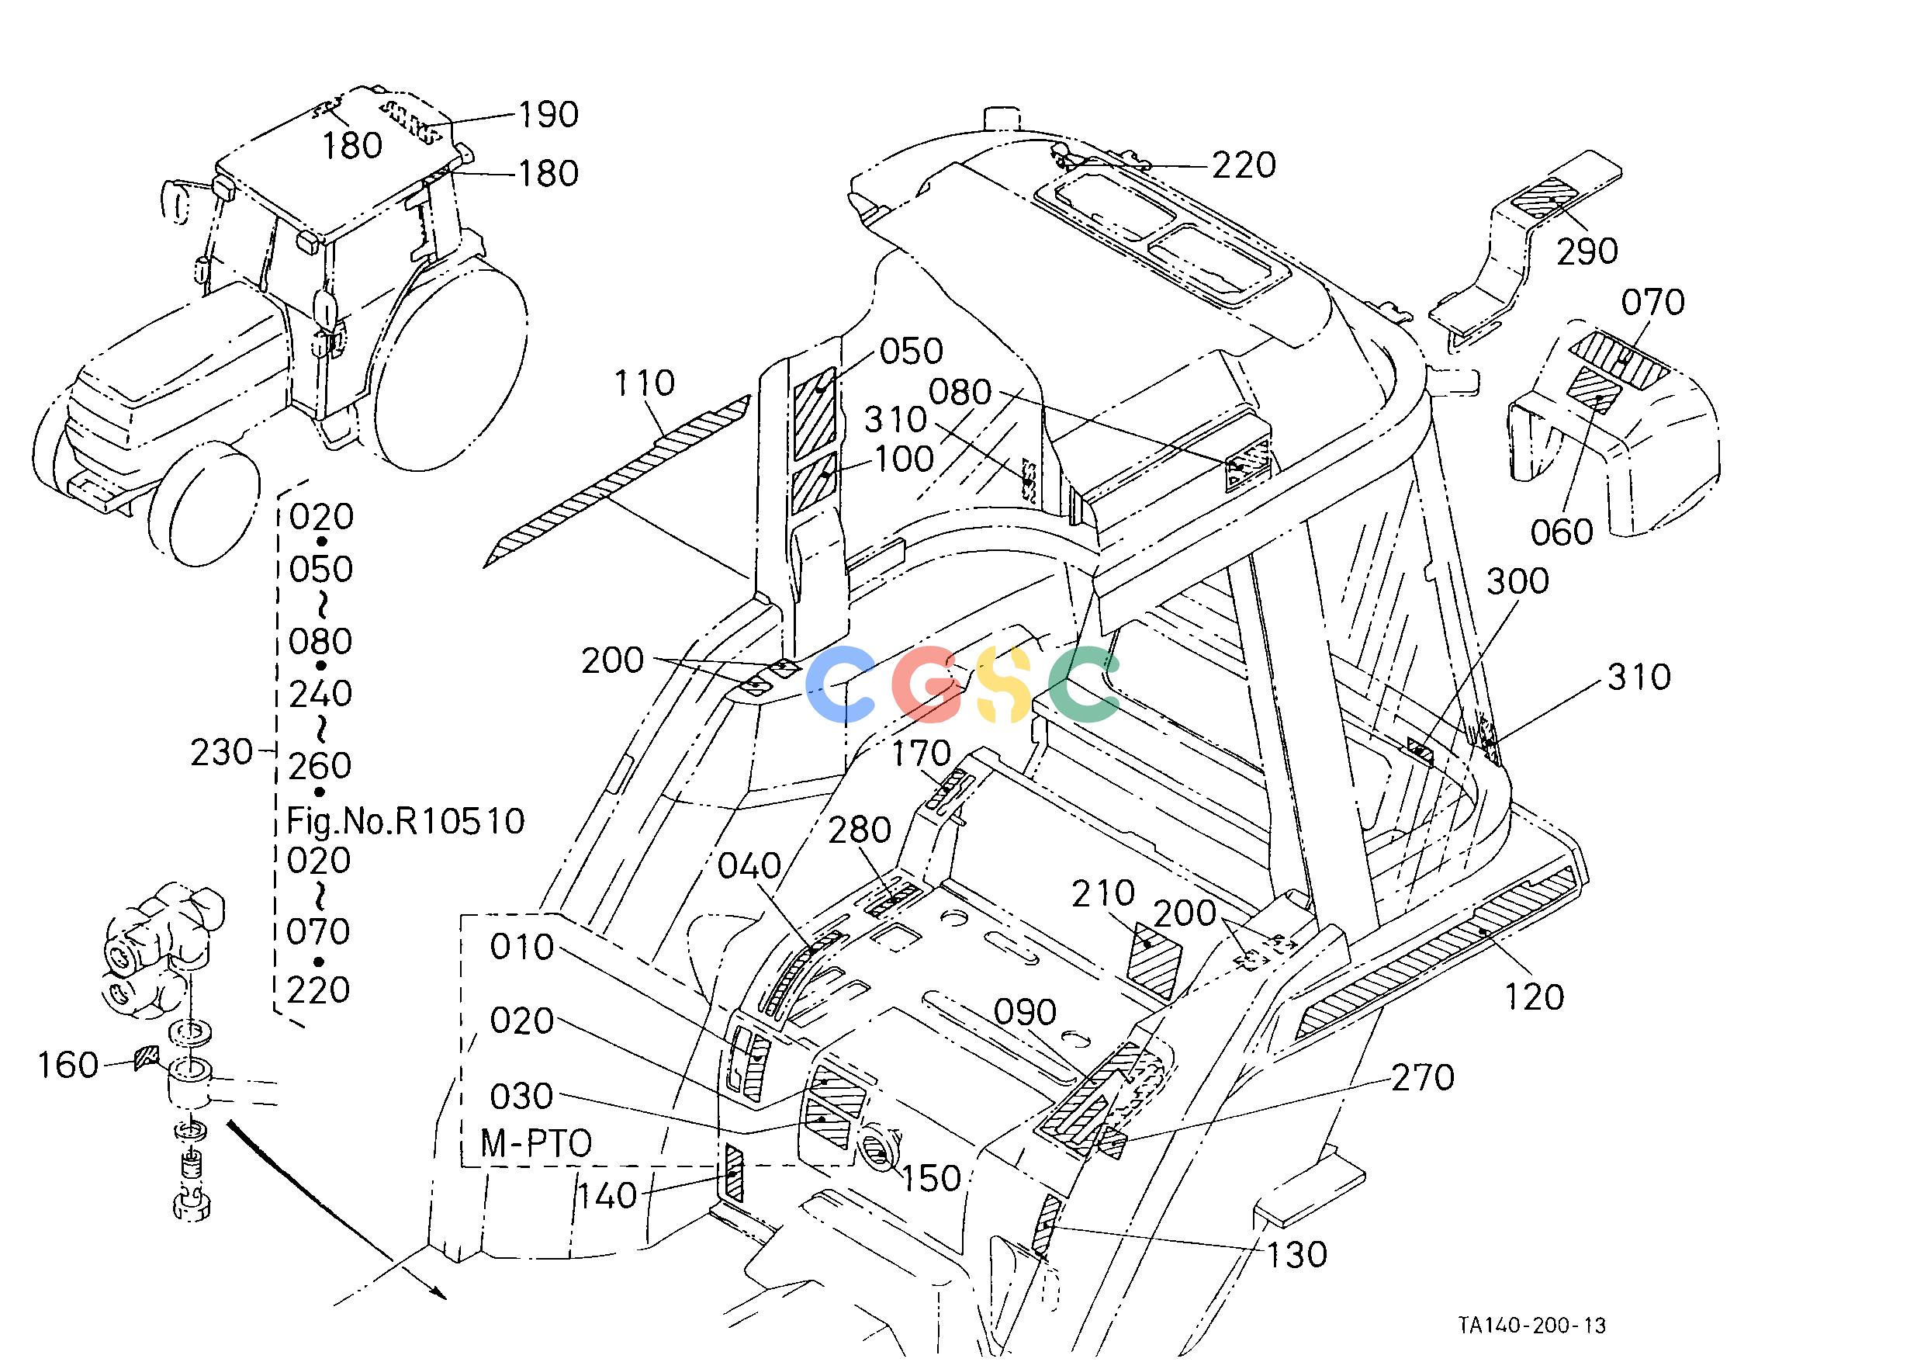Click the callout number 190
click(x=548, y=115)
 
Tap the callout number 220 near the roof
click(x=1244, y=165)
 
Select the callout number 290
click(x=1587, y=251)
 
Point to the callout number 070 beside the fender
click(x=1652, y=302)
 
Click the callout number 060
click(x=1562, y=532)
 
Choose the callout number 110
click(x=645, y=383)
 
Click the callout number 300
click(x=1517, y=581)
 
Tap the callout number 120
click(x=1534, y=997)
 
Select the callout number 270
click(x=1423, y=1077)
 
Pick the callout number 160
click(x=68, y=1066)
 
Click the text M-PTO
click(x=536, y=1144)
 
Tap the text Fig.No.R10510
click(x=407, y=820)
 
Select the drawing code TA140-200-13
click(x=1532, y=1326)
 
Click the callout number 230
click(x=222, y=752)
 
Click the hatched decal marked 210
click(x=1155, y=961)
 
